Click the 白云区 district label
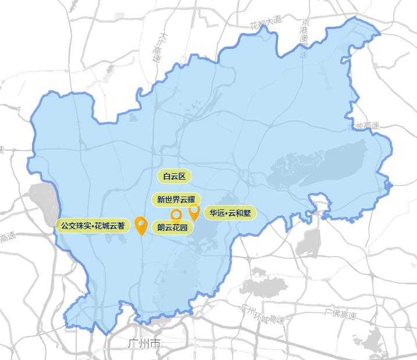click(174, 176)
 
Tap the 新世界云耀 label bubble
click(176, 199)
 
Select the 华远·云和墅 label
click(230, 213)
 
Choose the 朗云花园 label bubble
click(172, 227)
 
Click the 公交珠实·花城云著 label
click(93, 225)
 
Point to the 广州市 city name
click(143, 344)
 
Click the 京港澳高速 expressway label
click(304, 35)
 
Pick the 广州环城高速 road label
click(263, 315)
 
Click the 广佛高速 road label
click(340, 314)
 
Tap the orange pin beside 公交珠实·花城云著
click(140, 224)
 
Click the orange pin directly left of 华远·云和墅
click(194, 211)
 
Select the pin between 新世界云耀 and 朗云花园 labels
click(176, 215)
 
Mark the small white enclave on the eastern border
click(319, 203)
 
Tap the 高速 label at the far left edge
click(7, 238)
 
